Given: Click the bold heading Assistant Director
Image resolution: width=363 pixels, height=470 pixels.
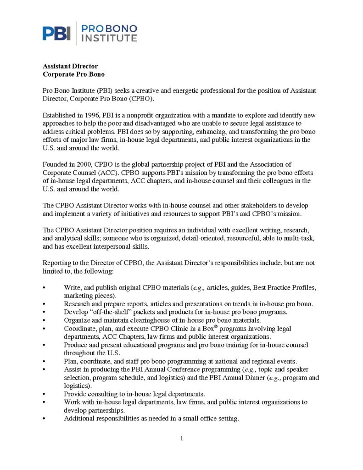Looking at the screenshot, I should tap(70, 66).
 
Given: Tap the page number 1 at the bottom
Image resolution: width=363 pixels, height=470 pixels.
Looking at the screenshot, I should tap(182, 438).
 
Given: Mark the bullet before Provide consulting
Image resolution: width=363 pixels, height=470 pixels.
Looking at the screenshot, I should tap(44, 394).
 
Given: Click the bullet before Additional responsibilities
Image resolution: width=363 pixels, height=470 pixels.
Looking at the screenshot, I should tap(44, 419).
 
